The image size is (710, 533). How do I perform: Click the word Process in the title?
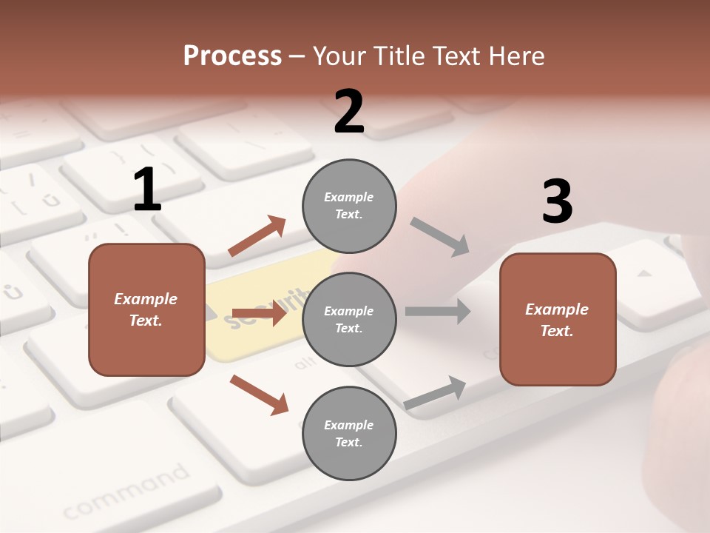click(232, 56)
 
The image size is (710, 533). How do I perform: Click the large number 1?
click(147, 190)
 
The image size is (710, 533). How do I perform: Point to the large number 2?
click(349, 112)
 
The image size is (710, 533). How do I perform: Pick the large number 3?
click(557, 201)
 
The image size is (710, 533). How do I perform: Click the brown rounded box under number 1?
click(146, 309)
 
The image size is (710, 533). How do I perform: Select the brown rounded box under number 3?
click(558, 319)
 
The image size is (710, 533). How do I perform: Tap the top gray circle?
click(349, 205)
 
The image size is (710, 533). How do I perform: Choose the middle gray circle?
click(349, 319)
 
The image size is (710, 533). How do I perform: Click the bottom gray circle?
click(349, 433)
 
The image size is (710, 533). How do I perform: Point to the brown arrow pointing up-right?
click(257, 236)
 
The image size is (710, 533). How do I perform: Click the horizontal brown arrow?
click(259, 313)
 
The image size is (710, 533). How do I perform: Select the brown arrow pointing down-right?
click(259, 395)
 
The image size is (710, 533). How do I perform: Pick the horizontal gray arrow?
click(438, 311)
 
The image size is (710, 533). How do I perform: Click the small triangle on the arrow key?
click(644, 273)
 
